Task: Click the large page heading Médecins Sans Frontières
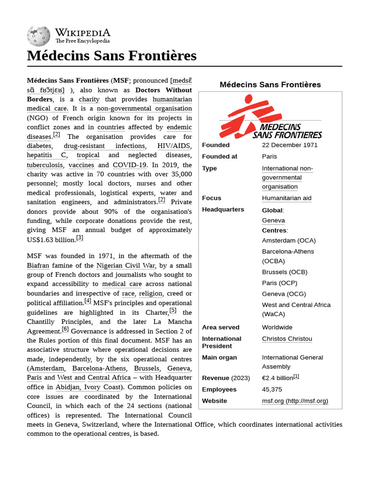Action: point(112,56)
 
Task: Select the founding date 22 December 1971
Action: point(290,145)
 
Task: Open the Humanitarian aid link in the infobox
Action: point(286,198)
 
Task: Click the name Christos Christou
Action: point(287,339)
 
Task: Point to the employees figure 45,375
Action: point(272,389)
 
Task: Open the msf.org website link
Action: point(295,401)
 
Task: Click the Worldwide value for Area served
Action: point(277,327)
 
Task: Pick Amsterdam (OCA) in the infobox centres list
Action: point(289,240)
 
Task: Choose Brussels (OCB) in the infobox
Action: point(284,272)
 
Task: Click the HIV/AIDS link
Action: point(174,146)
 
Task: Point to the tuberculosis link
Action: point(45,165)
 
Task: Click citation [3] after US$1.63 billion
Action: point(80,238)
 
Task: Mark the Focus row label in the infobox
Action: point(212,198)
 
